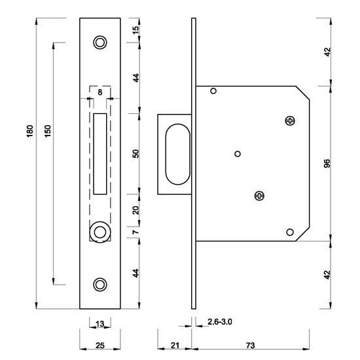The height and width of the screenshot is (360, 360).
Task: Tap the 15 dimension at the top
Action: (135, 30)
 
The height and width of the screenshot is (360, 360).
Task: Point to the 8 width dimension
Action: (99, 93)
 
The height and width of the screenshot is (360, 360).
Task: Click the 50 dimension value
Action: (135, 154)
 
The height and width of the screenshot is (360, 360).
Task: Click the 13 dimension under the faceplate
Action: (99, 323)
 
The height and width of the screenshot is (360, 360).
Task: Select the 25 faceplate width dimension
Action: (99, 347)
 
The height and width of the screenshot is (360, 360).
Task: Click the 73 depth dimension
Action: (251, 347)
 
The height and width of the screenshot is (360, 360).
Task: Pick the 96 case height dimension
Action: (327, 163)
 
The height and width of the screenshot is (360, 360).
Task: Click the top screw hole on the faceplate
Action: (99, 43)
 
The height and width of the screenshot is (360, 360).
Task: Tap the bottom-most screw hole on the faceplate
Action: (99, 284)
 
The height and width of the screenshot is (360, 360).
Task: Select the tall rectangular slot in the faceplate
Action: (100, 154)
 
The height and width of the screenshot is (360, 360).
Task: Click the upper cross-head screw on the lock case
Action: (290, 120)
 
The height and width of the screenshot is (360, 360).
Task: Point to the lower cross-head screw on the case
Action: (260, 195)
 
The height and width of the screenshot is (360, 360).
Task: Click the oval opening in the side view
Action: (175, 154)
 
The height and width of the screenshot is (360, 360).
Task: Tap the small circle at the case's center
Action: (238, 154)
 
